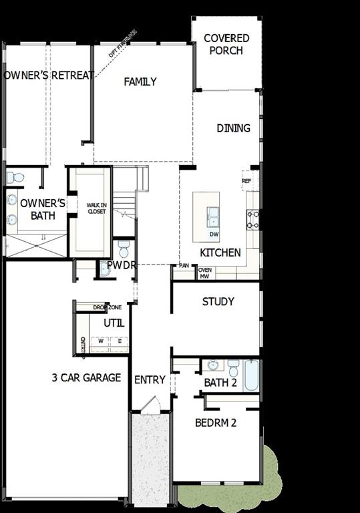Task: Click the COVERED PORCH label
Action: pos(226,45)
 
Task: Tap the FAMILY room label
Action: pos(140,81)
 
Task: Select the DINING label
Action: pos(233,128)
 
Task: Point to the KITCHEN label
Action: pos(220,252)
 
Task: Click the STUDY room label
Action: pos(218,302)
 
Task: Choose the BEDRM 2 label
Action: pos(216,422)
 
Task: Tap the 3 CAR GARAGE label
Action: pos(86,378)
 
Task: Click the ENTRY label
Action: pos(150,379)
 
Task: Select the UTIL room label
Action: pos(114,323)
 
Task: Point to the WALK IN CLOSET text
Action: pos(97,208)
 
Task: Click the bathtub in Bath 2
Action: pos(250,375)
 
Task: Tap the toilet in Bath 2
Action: pos(233,368)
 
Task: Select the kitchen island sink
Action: pos(213,214)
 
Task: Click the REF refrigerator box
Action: pos(246,181)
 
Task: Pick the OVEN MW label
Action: pos(204,273)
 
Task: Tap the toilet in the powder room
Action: pos(124,249)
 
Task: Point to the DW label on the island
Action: pos(214,234)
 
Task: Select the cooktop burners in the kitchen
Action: pos(253,220)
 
